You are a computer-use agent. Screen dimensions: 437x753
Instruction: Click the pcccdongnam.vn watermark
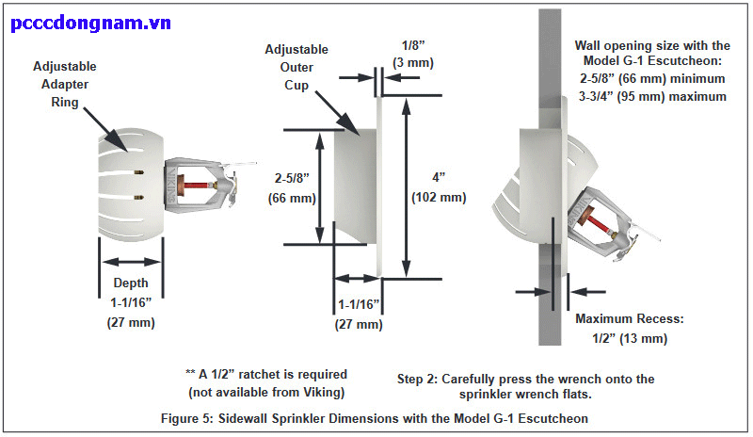click(x=91, y=23)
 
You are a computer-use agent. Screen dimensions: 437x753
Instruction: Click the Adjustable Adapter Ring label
click(x=63, y=84)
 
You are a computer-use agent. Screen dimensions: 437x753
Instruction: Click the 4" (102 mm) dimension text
click(x=439, y=186)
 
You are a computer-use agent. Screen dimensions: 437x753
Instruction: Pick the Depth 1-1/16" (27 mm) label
click(x=131, y=302)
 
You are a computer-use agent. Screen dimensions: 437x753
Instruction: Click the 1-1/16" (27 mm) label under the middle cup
click(x=359, y=314)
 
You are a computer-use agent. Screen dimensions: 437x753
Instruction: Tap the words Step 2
click(x=421, y=379)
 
